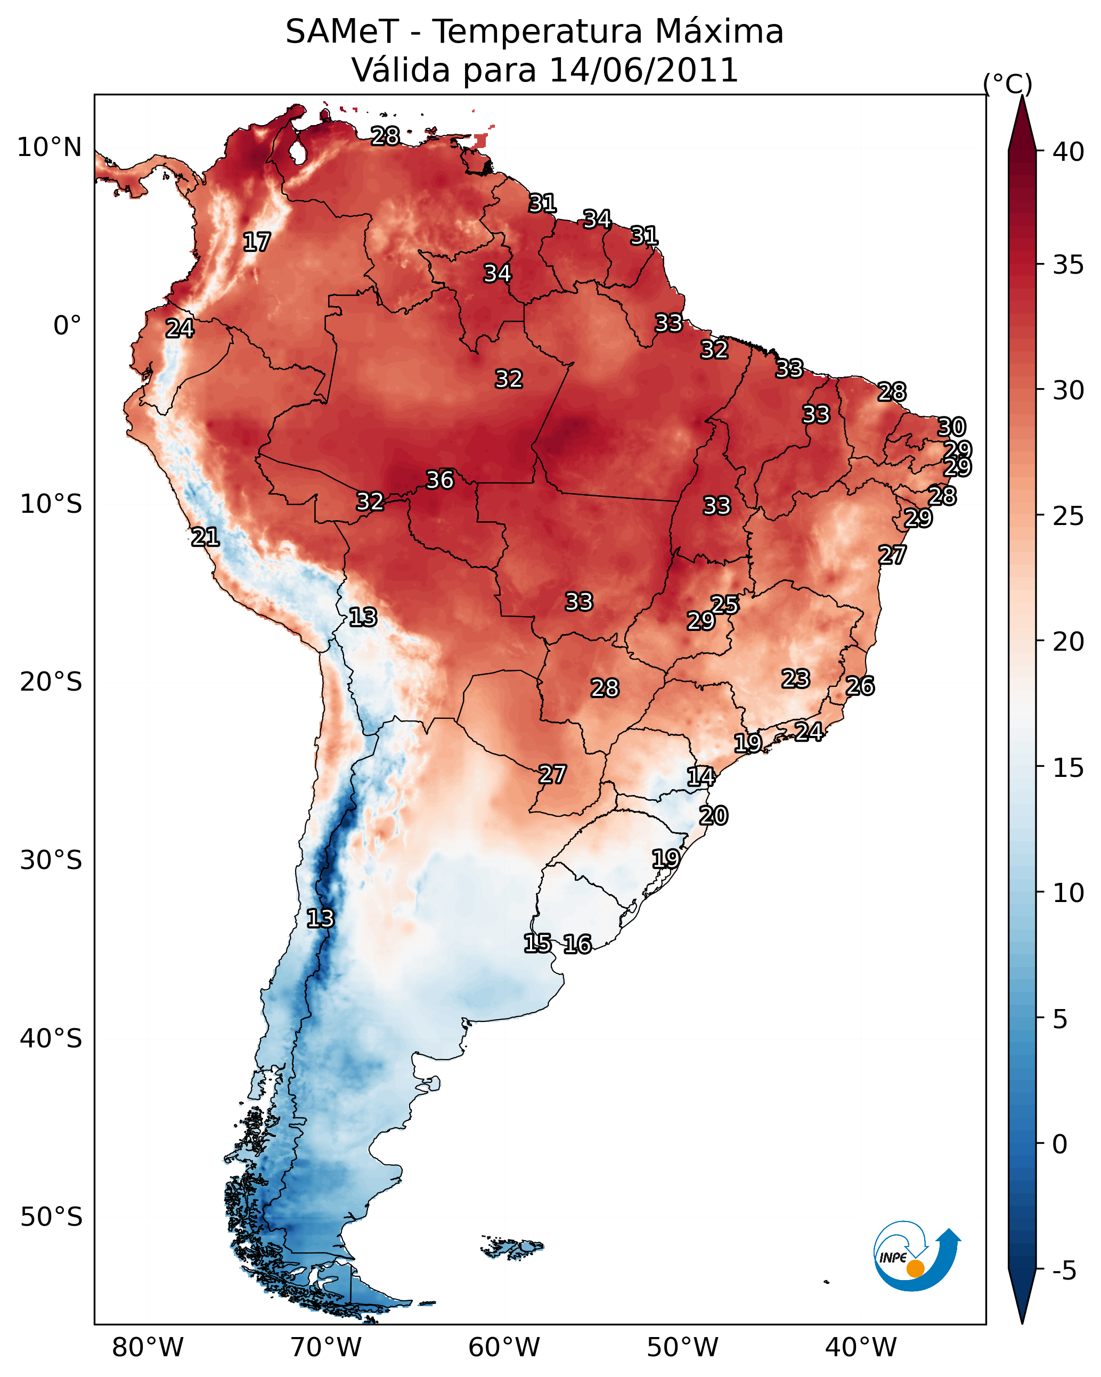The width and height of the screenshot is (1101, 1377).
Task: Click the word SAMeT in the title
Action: (342, 32)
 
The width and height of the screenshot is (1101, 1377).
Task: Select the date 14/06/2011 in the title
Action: (643, 70)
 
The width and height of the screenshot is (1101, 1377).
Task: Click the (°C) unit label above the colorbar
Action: (1007, 84)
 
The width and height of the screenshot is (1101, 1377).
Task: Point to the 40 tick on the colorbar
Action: (1068, 152)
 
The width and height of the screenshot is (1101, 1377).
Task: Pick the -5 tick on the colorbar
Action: (1064, 1271)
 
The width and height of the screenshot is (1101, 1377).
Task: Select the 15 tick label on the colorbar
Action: (1068, 768)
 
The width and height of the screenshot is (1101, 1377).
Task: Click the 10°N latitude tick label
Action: (49, 147)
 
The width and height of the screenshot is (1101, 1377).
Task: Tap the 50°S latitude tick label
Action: (51, 1217)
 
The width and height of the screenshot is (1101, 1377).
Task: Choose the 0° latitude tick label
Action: (67, 326)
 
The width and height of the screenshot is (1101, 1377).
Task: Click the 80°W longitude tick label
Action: (148, 1347)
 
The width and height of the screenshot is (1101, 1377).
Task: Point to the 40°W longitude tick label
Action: (861, 1347)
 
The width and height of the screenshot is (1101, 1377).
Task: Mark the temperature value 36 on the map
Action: (439, 479)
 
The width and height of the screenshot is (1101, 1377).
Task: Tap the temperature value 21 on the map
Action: (205, 537)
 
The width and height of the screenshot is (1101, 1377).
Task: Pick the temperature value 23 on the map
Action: (796, 678)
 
